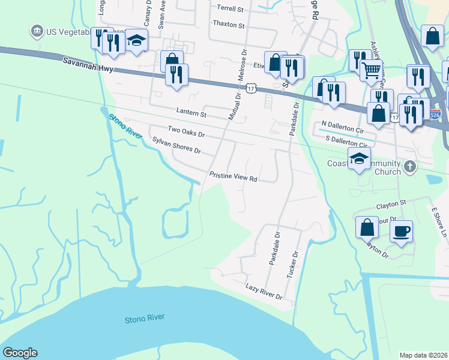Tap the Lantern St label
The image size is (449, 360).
tap(191, 113)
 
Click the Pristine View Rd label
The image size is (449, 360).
tap(234, 178)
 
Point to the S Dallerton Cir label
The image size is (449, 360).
tap(346, 142)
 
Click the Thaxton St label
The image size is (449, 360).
tap(229, 25)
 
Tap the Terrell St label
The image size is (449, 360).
tap(231, 9)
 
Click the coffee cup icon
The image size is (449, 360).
tap(402, 230)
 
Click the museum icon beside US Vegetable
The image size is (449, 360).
tap(37, 31)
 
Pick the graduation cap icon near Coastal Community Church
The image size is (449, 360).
tap(359, 158)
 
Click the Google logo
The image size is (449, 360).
tap(20, 353)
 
